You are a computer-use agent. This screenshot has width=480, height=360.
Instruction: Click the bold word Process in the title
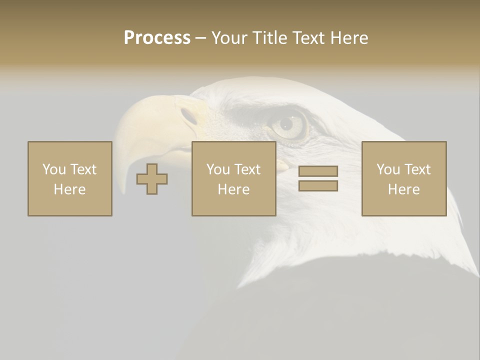[x=157, y=38]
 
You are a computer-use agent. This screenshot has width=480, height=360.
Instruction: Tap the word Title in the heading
[x=272, y=38]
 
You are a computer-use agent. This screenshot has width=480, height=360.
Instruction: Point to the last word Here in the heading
[x=349, y=38]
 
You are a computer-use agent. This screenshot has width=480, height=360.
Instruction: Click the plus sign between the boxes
[x=152, y=179]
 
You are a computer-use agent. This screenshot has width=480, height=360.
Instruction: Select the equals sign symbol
[x=318, y=178]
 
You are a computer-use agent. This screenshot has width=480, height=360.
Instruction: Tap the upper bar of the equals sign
[x=318, y=171]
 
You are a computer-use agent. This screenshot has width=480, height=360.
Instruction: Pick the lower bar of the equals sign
[x=318, y=186]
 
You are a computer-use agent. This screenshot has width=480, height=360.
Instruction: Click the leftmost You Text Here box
[x=70, y=178]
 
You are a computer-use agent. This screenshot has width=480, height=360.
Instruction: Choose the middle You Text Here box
[x=234, y=178]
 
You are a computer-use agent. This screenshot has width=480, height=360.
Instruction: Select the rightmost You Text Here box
[x=404, y=178]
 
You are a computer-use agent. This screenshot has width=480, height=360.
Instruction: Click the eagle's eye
[x=287, y=124]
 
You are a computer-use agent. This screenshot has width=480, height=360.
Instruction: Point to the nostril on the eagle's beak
[x=189, y=116]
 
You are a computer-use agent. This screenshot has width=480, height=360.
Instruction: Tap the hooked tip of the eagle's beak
[x=123, y=187]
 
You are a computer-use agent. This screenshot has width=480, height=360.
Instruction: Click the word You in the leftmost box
[x=53, y=169]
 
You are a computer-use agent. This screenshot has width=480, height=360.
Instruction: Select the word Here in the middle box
[x=234, y=189]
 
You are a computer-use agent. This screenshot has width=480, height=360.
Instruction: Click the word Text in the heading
[x=308, y=38]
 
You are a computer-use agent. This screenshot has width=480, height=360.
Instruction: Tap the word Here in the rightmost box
[x=404, y=189]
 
